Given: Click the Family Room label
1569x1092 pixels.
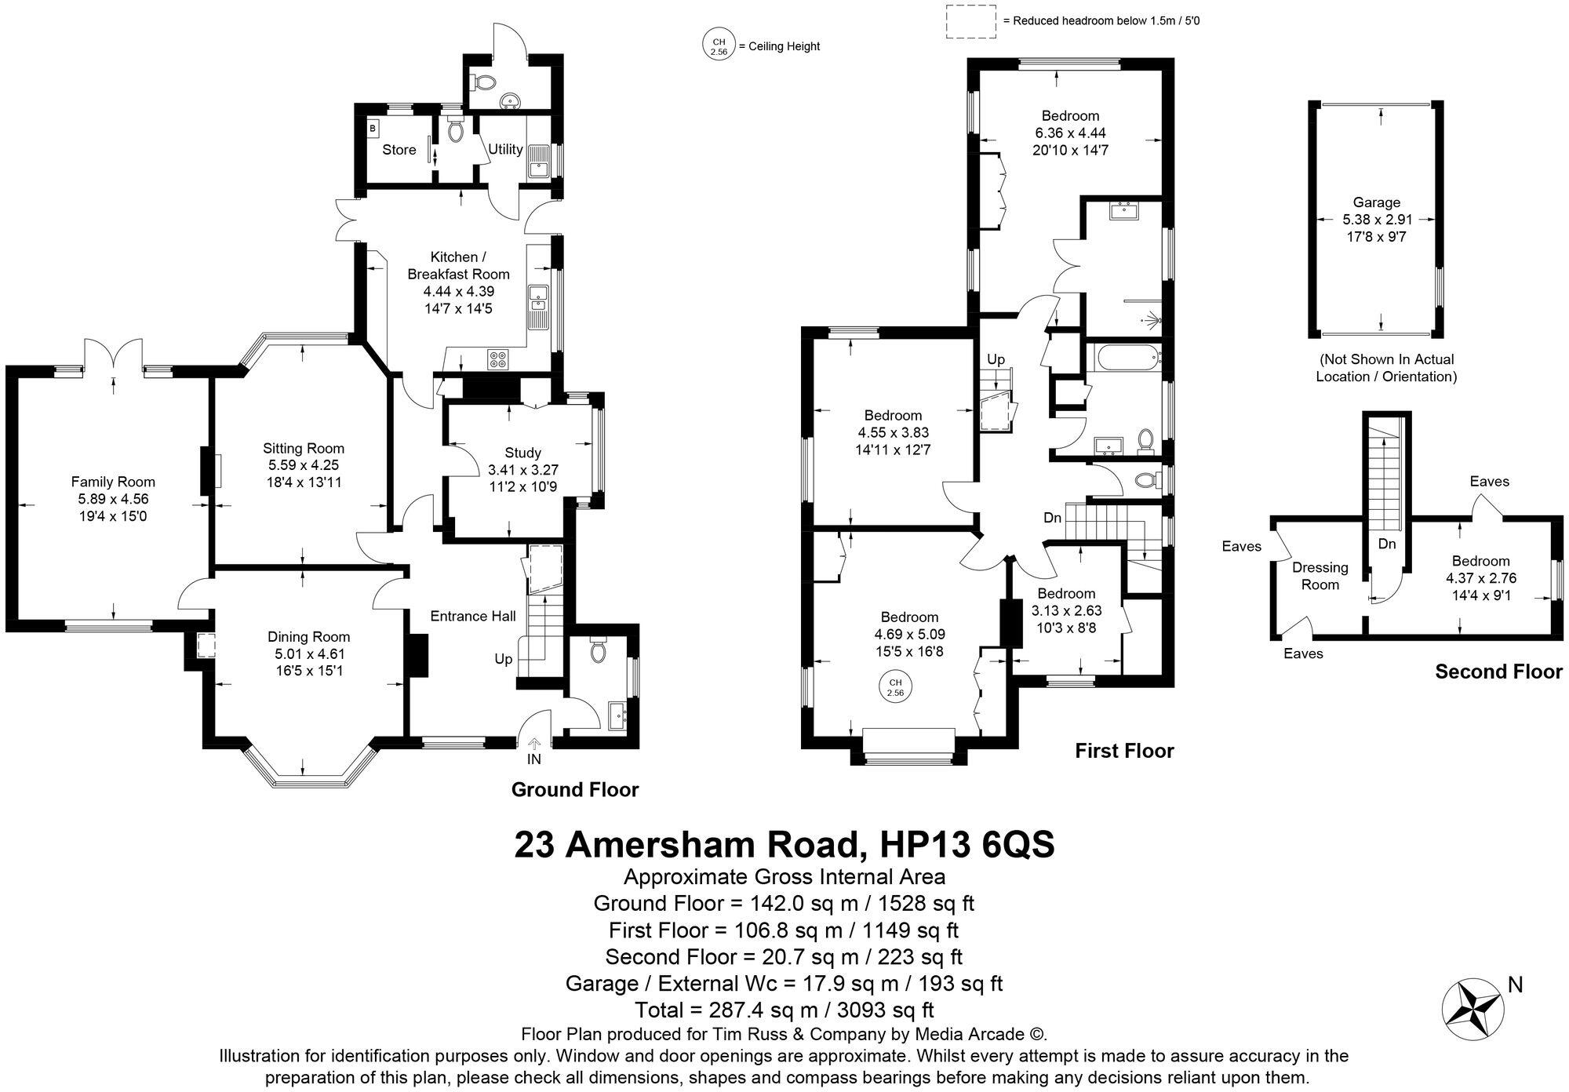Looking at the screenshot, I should tap(113, 482).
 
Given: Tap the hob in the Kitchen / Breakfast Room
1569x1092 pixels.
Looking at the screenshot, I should tap(498, 359).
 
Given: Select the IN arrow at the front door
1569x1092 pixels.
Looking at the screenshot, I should tap(534, 744).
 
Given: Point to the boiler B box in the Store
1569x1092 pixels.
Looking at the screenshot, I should tap(373, 127).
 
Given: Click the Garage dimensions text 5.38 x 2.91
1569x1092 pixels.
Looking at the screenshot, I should tap(1377, 220).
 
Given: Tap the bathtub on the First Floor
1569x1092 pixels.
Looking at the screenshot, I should tap(1125, 360).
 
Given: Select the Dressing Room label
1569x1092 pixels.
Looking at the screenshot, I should tap(1320, 576).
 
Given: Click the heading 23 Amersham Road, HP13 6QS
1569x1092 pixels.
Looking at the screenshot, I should tap(784, 844).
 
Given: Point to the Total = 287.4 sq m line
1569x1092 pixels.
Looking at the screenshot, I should tap(784, 1010).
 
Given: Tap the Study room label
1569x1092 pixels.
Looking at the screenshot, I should tap(522, 453).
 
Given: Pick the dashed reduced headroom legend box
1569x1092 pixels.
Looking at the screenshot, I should tap(970, 21).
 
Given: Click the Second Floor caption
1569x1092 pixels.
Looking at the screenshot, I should tap(1498, 672).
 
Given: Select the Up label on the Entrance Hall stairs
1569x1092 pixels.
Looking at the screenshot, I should tap(503, 659).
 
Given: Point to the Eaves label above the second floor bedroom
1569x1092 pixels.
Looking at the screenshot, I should tap(1489, 482).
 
